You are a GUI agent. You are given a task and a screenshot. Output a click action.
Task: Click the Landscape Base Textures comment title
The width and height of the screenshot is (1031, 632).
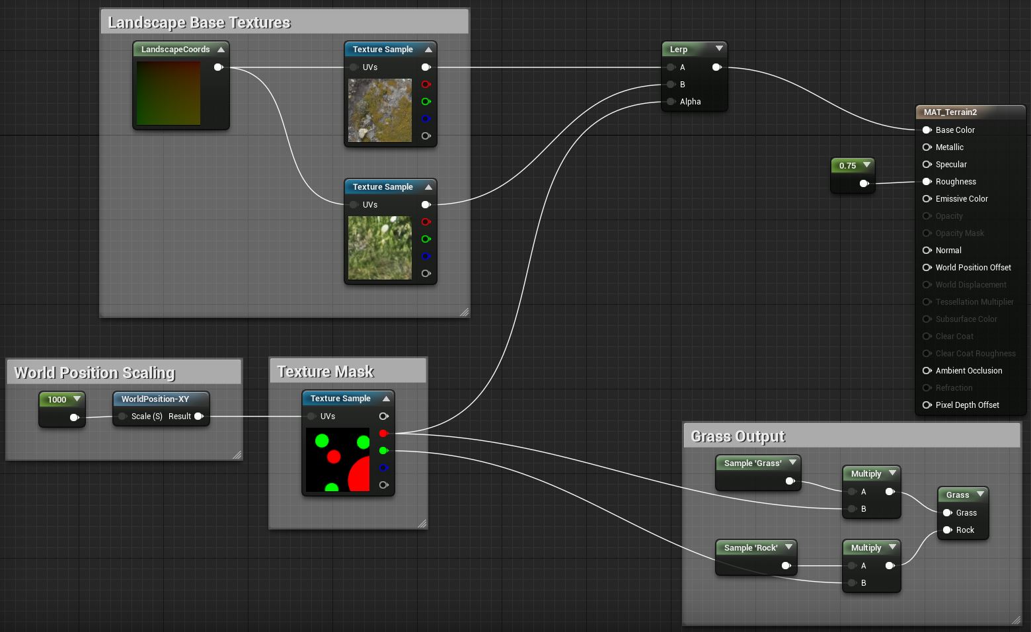(x=199, y=22)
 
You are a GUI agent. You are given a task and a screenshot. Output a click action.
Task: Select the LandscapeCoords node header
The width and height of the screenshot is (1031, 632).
(x=181, y=50)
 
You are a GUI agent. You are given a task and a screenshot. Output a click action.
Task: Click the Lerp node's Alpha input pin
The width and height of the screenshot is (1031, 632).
(x=671, y=102)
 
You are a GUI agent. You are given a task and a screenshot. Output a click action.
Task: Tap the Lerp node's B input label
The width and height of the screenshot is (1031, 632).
(x=683, y=85)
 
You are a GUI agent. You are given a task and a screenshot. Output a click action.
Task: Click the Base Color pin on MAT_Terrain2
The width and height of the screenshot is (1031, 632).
(x=927, y=130)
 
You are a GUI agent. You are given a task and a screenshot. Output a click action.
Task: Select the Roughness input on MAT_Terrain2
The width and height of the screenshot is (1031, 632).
(x=927, y=182)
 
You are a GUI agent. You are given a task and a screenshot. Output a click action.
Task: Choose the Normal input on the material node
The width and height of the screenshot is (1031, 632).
(x=927, y=251)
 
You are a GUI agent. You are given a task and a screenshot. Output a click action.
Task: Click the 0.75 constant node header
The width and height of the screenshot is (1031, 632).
(x=853, y=165)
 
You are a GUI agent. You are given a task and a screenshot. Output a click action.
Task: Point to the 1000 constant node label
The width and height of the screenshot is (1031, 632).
(x=57, y=399)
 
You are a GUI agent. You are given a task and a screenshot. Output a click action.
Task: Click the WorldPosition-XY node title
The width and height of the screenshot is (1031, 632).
(x=155, y=399)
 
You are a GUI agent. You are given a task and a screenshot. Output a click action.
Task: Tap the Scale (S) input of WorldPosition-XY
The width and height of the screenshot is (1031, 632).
(x=122, y=416)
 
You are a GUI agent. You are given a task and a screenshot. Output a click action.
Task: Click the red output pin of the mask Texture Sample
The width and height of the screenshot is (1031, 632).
(x=383, y=434)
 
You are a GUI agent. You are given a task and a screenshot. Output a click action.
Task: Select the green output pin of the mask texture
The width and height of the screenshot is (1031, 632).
(x=383, y=451)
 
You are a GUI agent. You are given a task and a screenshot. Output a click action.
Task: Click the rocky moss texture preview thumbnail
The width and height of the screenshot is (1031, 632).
(x=380, y=110)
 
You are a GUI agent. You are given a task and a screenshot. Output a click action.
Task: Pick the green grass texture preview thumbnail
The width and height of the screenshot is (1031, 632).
(x=380, y=248)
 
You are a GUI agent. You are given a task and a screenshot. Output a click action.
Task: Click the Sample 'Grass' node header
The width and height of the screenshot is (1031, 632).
(x=758, y=463)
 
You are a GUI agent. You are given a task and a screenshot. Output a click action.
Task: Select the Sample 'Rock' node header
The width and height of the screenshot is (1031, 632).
(x=756, y=548)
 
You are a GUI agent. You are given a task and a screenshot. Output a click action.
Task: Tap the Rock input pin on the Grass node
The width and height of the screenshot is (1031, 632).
(x=947, y=530)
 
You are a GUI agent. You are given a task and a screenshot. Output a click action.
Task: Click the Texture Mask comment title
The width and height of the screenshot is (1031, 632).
(x=325, y=372)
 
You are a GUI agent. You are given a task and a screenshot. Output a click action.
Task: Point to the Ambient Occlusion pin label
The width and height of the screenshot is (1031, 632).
(x=969, y=371)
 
